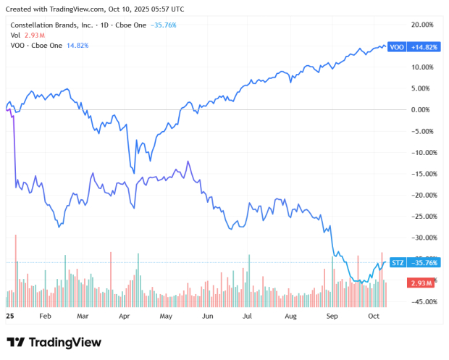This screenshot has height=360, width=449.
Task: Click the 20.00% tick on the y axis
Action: tap(421, 24)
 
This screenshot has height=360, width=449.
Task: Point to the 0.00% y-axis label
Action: tap(422, 109)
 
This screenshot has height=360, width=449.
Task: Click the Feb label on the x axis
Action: tap(45, 317)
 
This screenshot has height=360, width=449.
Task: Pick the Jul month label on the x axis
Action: tap(248, 317)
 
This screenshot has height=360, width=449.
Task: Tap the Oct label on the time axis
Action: tap(374, 317)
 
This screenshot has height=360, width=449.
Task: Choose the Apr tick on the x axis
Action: tap(124, 317)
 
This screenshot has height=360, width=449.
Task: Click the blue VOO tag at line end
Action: tap(397, 47)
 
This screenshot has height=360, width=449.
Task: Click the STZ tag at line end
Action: tap(397, 262)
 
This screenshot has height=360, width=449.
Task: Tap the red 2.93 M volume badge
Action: tap(420, 282)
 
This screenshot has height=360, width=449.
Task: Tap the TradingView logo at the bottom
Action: tap(54, 342)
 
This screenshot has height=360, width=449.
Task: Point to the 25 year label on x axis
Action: tap(10, 317)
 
